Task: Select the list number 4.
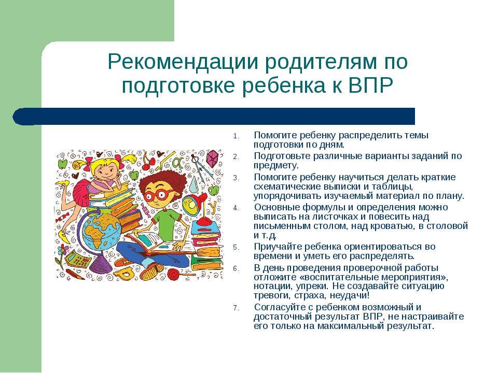point(236,208)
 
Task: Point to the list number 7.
point(236,308)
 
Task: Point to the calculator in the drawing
point(78,259)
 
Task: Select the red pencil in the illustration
point(75,275)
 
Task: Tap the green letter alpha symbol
point(177,162)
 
